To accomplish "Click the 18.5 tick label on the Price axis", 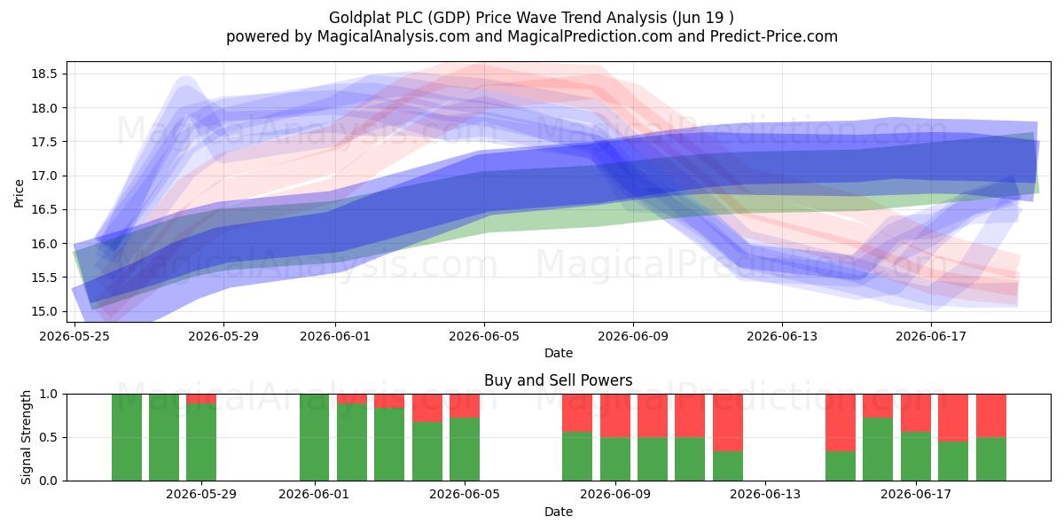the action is tap(44, 74).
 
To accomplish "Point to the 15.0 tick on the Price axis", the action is tap(44, 311).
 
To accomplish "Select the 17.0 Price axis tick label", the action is tap(44, 176).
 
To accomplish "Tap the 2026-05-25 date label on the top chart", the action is tap(74, 337).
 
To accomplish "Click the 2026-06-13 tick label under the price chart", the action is tap(782, 337).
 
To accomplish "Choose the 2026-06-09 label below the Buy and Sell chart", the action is tap(615, 495).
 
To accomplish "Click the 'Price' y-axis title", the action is tap(19, 193).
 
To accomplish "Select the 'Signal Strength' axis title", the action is tap(26, 437).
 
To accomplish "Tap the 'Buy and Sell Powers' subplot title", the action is tap(558, 380).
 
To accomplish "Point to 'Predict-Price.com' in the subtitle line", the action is tap(774, 36).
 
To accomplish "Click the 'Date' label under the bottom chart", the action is tap(558, 512).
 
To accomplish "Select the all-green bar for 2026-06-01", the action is tap(315, 437).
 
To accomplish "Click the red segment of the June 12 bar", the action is tap(728, 423).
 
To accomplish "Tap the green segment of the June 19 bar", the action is tap(991, 459).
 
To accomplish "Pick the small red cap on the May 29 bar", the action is tap(201, 399).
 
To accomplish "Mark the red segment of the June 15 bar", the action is tap(841, 423).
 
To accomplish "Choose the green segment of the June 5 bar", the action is tap(465, 450).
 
